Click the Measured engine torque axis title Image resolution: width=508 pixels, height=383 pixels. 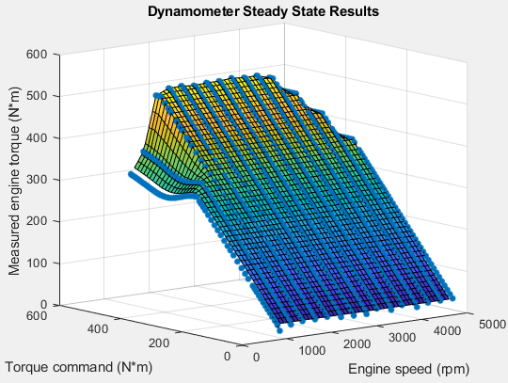[14, 179]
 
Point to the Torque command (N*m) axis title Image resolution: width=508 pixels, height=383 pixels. [78, 365]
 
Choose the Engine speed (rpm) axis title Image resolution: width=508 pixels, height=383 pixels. [408, 368]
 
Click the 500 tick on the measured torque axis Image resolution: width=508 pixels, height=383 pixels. [39, 95]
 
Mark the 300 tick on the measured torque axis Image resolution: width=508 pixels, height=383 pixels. [39, 179]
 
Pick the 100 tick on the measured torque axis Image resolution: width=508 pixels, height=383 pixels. [39, 263]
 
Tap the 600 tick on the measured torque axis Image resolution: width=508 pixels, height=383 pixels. [39, 54]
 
